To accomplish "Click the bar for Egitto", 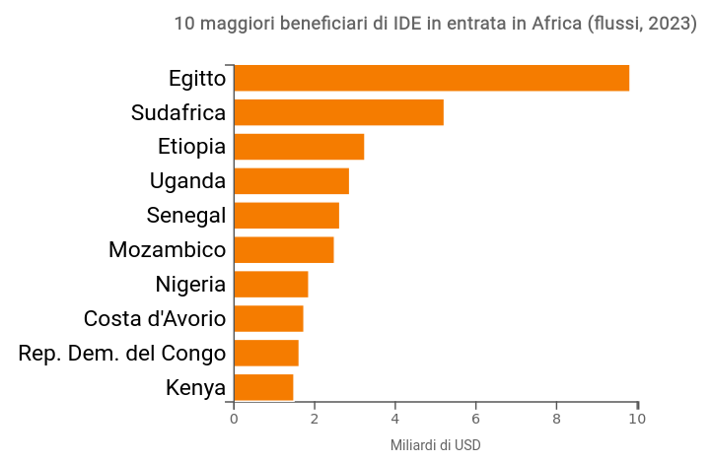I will click(x=431, y=78).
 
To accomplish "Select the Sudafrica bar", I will click(x=338, y=112).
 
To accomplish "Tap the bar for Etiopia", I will click(x=299, y=147).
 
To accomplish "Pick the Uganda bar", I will click(x=291, y=181).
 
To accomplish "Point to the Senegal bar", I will click(x=286, y=216).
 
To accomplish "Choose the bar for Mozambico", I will click(x=283, y=250).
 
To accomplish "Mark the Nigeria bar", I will click(x=270, y=285).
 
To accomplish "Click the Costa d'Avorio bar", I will click(x=268, y=319).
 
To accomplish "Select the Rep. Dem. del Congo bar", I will click(x=265, y=353).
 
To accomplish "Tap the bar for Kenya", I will click(x=263, y=387).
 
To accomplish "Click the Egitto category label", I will click(x=196, y=79).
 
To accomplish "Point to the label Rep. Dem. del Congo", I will click(x=122, y=354).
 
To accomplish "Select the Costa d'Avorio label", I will click(x=155, y=319).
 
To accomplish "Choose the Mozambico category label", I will click(x=167, y=250).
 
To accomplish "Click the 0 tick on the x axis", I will click(x=234, y=418).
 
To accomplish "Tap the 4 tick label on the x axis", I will click(x=395, y=418).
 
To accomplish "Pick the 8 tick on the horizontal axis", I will click(x=556, y=418).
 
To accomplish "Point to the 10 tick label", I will click(x=637, y=418).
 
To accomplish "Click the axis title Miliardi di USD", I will click(x=436, y=445).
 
